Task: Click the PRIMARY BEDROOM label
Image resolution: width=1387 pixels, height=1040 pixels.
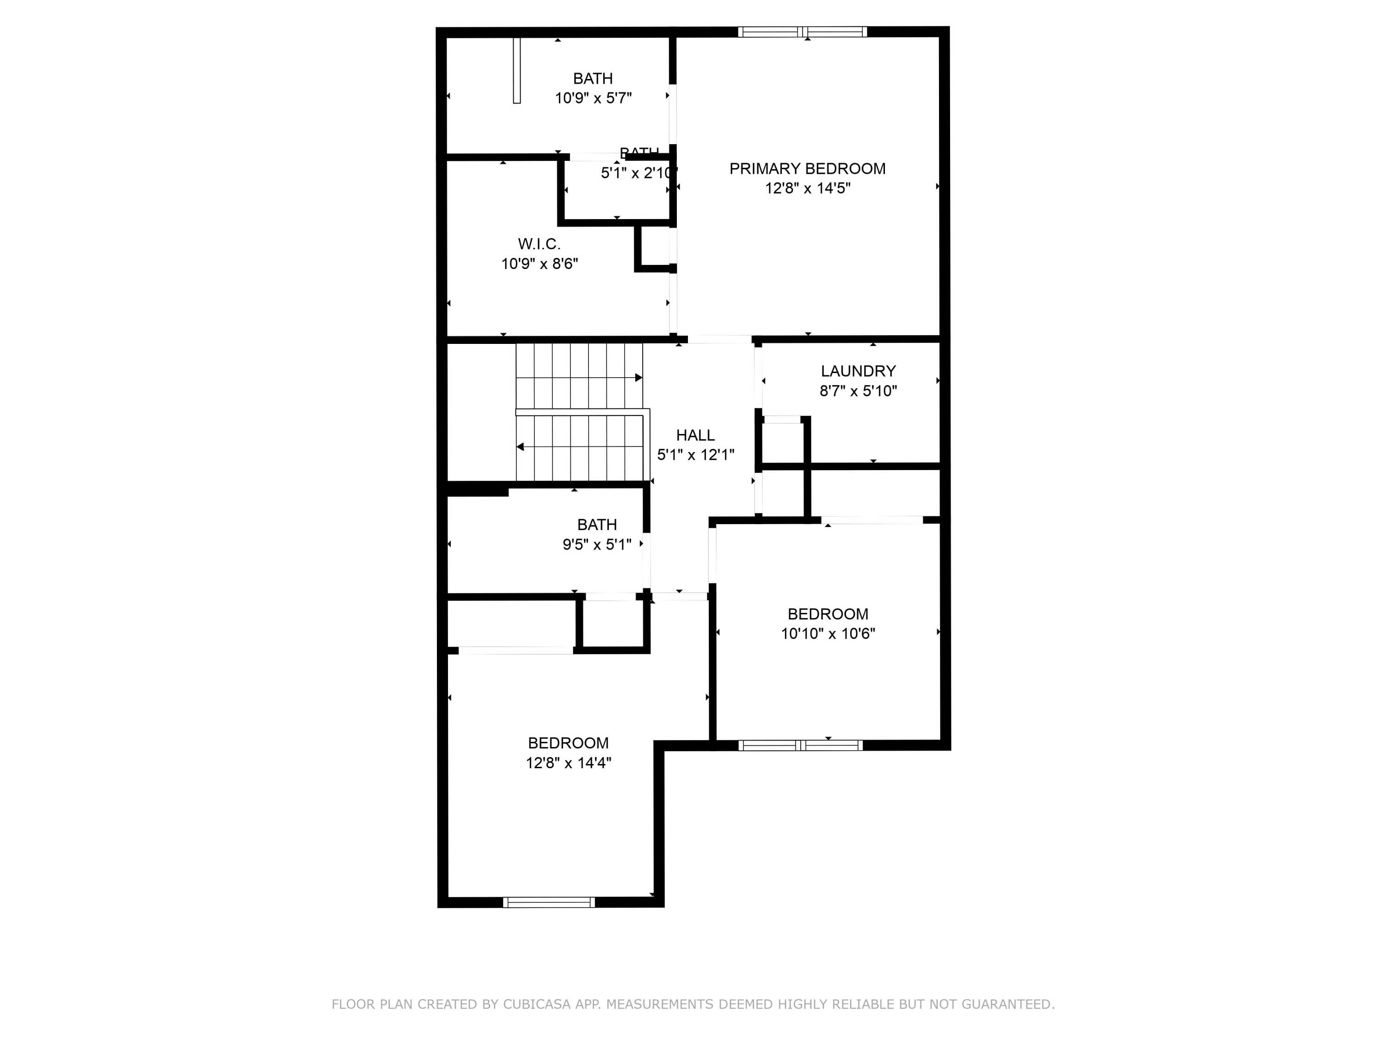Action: (807, 169)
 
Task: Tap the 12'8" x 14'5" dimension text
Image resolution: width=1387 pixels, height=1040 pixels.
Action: (807, 188)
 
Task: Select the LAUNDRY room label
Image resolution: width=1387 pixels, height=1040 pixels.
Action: (858, 371)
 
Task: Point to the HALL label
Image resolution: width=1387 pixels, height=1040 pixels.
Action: (695, 435)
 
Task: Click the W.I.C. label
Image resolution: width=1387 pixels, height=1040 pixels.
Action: (539, 244)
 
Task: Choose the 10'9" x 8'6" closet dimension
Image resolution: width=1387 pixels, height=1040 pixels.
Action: (539, 263)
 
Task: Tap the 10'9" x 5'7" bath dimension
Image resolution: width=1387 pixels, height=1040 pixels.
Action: (593, 98)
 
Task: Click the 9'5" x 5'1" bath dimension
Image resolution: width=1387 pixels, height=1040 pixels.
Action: (596, 544)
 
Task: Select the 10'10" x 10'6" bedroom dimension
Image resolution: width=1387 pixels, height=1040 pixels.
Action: (827, 633)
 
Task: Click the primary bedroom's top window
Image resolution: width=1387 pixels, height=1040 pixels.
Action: (802, 32)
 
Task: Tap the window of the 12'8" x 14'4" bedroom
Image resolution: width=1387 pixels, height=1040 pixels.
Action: (549, 902)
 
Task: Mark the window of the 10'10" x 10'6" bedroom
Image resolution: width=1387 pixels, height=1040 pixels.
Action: (800, 746)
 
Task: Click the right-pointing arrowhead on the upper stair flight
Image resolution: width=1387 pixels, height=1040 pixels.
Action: (638, 377)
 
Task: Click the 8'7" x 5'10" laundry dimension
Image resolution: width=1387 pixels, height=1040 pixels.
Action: (858, 391)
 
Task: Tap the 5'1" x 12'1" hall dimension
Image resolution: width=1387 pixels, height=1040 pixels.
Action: (695, 454)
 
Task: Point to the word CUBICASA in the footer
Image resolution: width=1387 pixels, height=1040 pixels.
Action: (536, 1004)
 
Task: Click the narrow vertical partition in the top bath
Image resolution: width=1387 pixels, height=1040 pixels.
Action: (517, 71)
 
